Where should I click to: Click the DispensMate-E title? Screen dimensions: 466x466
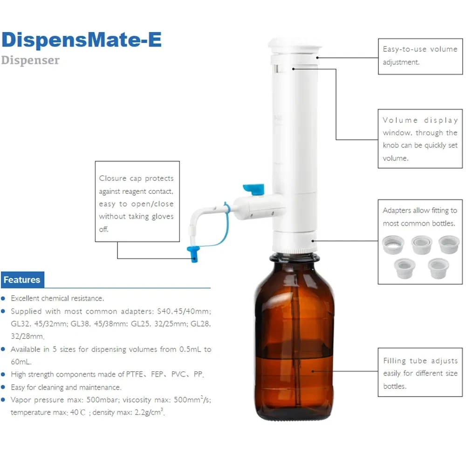pyautogui.click(x=82, y=40)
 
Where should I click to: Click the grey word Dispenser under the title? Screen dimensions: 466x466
pyautogui.click(x=30, y=60)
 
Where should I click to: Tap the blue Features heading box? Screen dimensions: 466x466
pyautogui.click(x=22, y=280)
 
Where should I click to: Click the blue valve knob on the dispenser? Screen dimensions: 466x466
pyautogui.click(x=254, y=189)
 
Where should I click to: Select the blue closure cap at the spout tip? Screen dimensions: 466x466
pyautogui.click(x=192, y=254)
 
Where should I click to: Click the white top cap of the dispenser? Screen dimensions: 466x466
pyautogui.click(x=295, y=47)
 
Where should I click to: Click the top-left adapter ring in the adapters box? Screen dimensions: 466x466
pyautogui.click(x=393, y=245)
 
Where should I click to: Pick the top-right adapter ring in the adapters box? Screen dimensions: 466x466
pyautogui.click(x=449, y=244)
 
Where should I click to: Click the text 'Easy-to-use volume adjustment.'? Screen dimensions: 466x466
pyautogui.click(x=420, y=55)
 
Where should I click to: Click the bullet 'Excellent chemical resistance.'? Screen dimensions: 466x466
pyautogui.click(x=57, y=298)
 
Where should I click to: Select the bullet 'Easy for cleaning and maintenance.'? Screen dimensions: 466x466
pyautogui.click(x=66, y=387)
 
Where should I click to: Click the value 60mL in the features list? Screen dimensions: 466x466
pyautogui.click(x=20, y=362)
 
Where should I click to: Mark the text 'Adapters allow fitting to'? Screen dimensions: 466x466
pyautogui.click(x=420, y=211)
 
